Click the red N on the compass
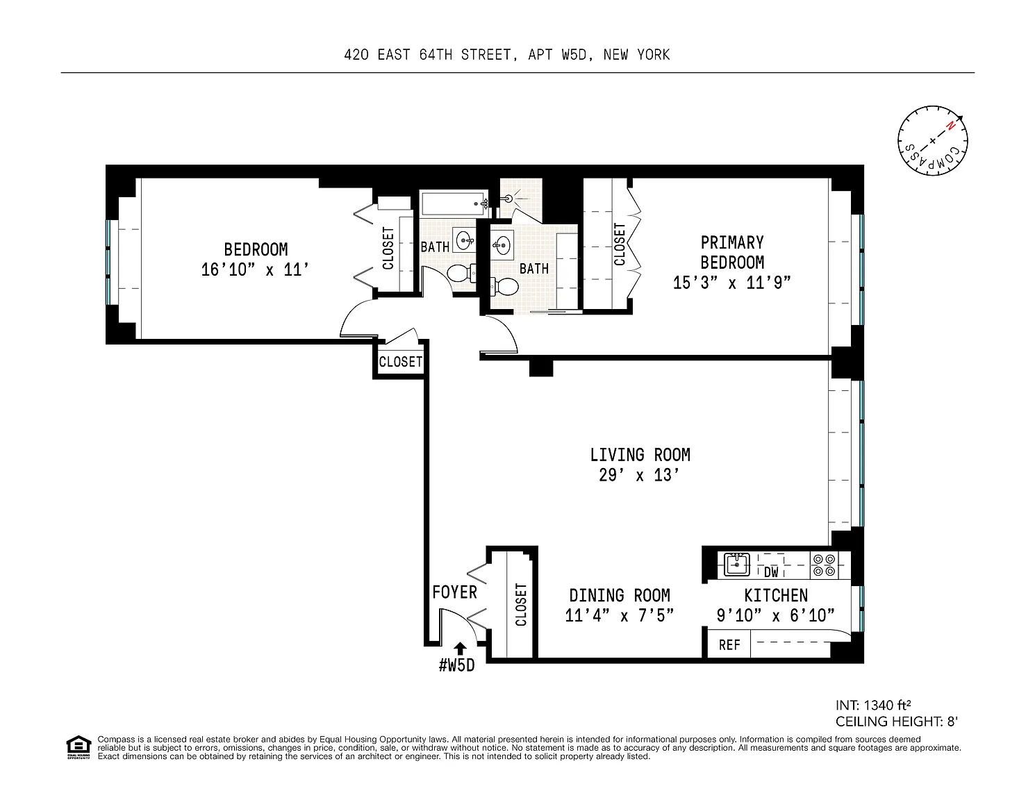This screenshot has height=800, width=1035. [950, 126]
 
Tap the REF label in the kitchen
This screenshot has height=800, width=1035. [729, 644]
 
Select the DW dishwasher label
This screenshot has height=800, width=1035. [770, 572]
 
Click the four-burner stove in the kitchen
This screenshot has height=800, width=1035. [824, 565]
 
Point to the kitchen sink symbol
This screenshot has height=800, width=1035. [737, 565]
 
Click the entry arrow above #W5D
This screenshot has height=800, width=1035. [460, 649]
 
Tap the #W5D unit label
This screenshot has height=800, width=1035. [457, 665]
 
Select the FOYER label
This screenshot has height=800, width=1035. [454, 592]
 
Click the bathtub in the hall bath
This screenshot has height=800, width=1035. [454, 203]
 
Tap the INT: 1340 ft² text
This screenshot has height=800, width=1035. [873, 705]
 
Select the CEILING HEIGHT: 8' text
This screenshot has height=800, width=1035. [896, 722]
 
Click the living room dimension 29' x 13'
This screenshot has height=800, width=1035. [639, 475]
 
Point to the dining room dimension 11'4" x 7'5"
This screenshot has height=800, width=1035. [619, 615]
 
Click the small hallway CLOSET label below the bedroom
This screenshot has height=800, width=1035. [400, 362]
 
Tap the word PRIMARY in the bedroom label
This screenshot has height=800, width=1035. [732, 242]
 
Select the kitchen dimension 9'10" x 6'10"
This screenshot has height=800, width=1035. [776, 615]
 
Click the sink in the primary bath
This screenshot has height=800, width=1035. [502, 245]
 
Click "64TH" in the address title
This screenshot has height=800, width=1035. [436, 55]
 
